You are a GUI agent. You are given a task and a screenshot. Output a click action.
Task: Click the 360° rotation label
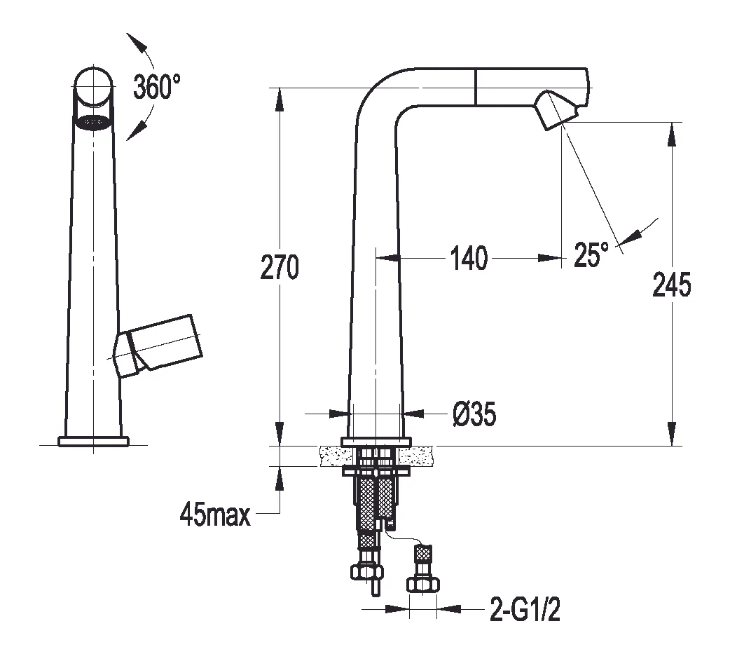point(157,87)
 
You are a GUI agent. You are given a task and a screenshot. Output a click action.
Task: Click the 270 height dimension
point(280,267)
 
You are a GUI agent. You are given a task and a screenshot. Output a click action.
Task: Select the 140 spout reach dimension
point(467,259)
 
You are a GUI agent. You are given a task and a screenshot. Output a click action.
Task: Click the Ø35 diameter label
point(473,415)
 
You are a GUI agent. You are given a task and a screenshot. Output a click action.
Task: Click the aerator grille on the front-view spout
point(93,122)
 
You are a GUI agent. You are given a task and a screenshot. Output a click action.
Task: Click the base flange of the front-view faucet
point(93,441)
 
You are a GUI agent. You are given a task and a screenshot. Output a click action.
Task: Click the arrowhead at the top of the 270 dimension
point(280,98)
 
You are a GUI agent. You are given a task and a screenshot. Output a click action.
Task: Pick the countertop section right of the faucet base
point(421,456)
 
